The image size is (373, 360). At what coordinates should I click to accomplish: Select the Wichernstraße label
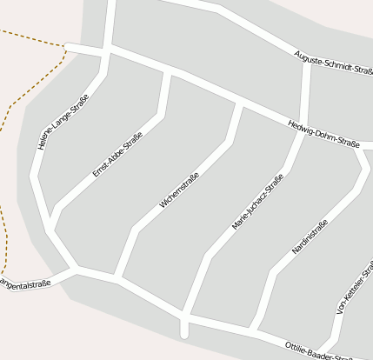coord(179,190)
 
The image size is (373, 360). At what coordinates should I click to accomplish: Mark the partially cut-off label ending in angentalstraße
coord(26,283)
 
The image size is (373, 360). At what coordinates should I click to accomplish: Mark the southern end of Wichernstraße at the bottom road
coord(118,279)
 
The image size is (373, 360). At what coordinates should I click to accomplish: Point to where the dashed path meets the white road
coord(67,46)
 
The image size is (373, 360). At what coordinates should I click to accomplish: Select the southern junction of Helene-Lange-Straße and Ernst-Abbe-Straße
coord(50,228)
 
